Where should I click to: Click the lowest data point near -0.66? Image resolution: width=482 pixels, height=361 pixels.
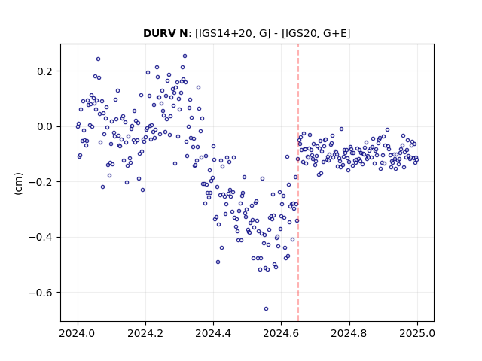266,308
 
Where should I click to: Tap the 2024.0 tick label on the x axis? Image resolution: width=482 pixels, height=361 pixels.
78,333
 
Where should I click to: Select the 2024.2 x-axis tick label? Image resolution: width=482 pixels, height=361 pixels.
145,333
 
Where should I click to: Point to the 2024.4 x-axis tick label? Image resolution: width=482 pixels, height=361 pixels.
213,333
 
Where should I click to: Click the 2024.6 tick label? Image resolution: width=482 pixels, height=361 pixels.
281,333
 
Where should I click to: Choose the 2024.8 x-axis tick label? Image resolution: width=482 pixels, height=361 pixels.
349,333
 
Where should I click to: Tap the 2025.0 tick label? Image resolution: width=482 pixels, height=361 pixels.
417,333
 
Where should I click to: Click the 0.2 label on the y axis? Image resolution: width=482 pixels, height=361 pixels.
45,71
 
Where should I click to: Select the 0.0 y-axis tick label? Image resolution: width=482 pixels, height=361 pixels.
45,126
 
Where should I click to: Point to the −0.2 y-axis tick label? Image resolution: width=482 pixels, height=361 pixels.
41,182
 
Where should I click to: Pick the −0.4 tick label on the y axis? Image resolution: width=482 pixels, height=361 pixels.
41,237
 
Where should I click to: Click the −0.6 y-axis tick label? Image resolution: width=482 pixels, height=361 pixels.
41,293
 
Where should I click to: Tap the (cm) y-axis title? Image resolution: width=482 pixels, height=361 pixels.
18,184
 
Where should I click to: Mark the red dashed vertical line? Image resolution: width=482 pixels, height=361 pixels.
298,183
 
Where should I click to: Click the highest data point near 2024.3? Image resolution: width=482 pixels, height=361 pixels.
185,56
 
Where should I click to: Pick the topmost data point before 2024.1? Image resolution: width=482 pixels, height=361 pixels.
98,59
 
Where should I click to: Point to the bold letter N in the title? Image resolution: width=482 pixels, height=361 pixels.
183,33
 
